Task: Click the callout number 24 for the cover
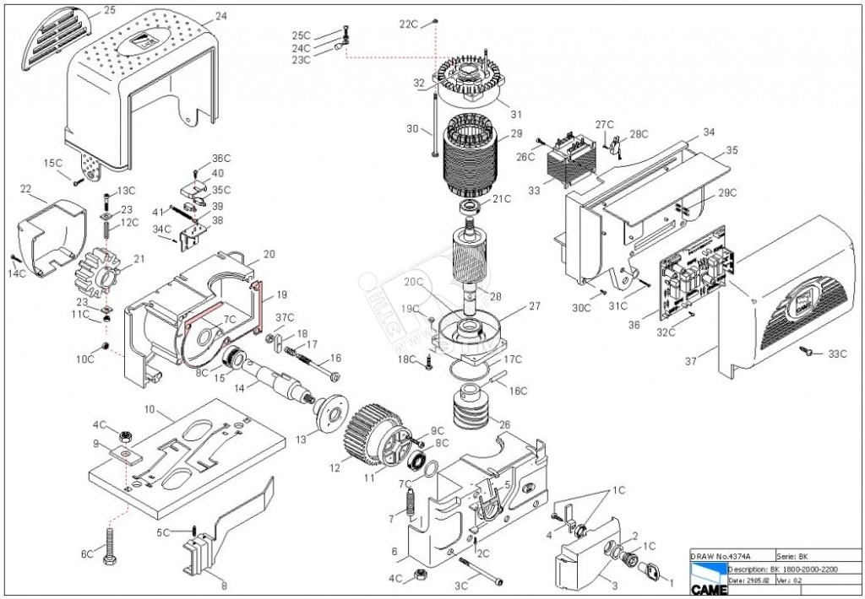pyautogui.click(x=220, y=16)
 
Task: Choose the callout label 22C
pyautogui.click(x=409, y=24)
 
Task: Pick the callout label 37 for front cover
pyautogui.click(x=691, y=361)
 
